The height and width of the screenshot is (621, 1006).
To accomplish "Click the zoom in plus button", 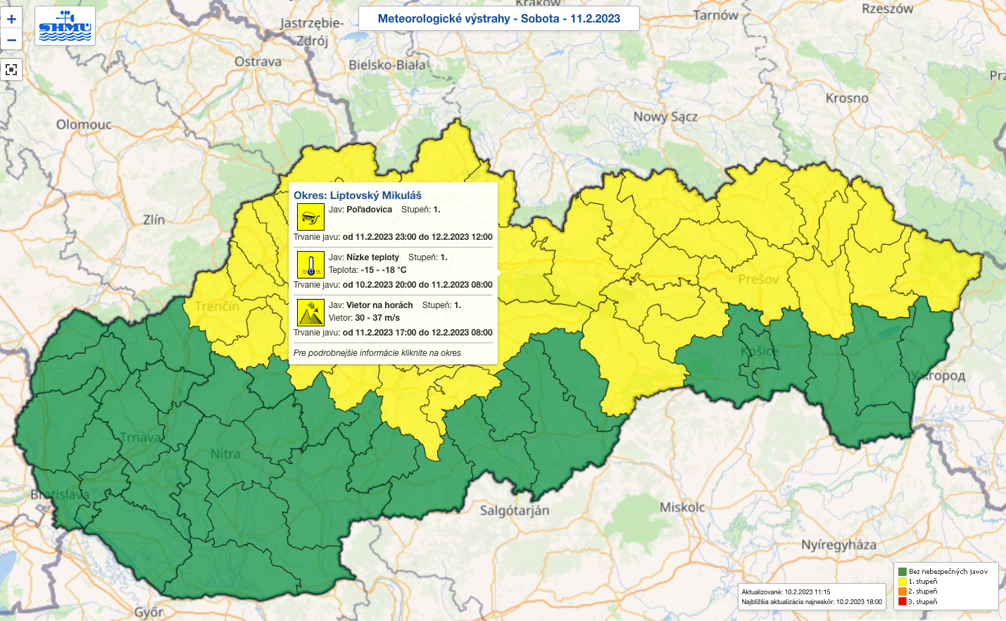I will click(11, 19).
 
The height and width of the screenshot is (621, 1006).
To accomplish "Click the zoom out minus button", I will click(11, 40).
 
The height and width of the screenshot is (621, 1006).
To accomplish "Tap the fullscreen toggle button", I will click(11, 70).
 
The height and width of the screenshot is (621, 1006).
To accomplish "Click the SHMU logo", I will click(65, 26).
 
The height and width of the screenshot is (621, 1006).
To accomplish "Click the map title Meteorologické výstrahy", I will click(498, 18).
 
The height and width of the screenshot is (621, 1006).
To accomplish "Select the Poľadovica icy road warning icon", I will click(310, 217).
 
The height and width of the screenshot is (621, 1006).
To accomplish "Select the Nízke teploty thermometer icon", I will click(310, 264).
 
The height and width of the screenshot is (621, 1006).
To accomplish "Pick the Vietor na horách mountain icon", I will click(310, 312).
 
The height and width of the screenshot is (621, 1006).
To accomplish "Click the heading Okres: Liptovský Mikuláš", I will click(358, 196).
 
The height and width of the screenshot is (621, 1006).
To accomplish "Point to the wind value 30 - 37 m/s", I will click(377, 318).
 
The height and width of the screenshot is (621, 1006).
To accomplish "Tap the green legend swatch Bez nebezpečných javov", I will click(903, 572).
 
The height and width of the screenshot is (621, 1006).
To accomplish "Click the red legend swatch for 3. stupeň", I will click(903, 601).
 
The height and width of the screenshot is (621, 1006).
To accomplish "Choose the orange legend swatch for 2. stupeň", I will click(903, 591).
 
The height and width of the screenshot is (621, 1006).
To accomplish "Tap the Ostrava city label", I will click(258, 62).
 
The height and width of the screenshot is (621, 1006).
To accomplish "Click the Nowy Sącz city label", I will click(665, 117).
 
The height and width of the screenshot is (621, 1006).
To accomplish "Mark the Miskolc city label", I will click(681, 507).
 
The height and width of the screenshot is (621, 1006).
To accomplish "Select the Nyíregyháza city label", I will click(838, 544).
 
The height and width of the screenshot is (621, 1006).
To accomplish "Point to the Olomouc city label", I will click(84, 124).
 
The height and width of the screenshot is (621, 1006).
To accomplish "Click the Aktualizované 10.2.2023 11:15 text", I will click(786, 592).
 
